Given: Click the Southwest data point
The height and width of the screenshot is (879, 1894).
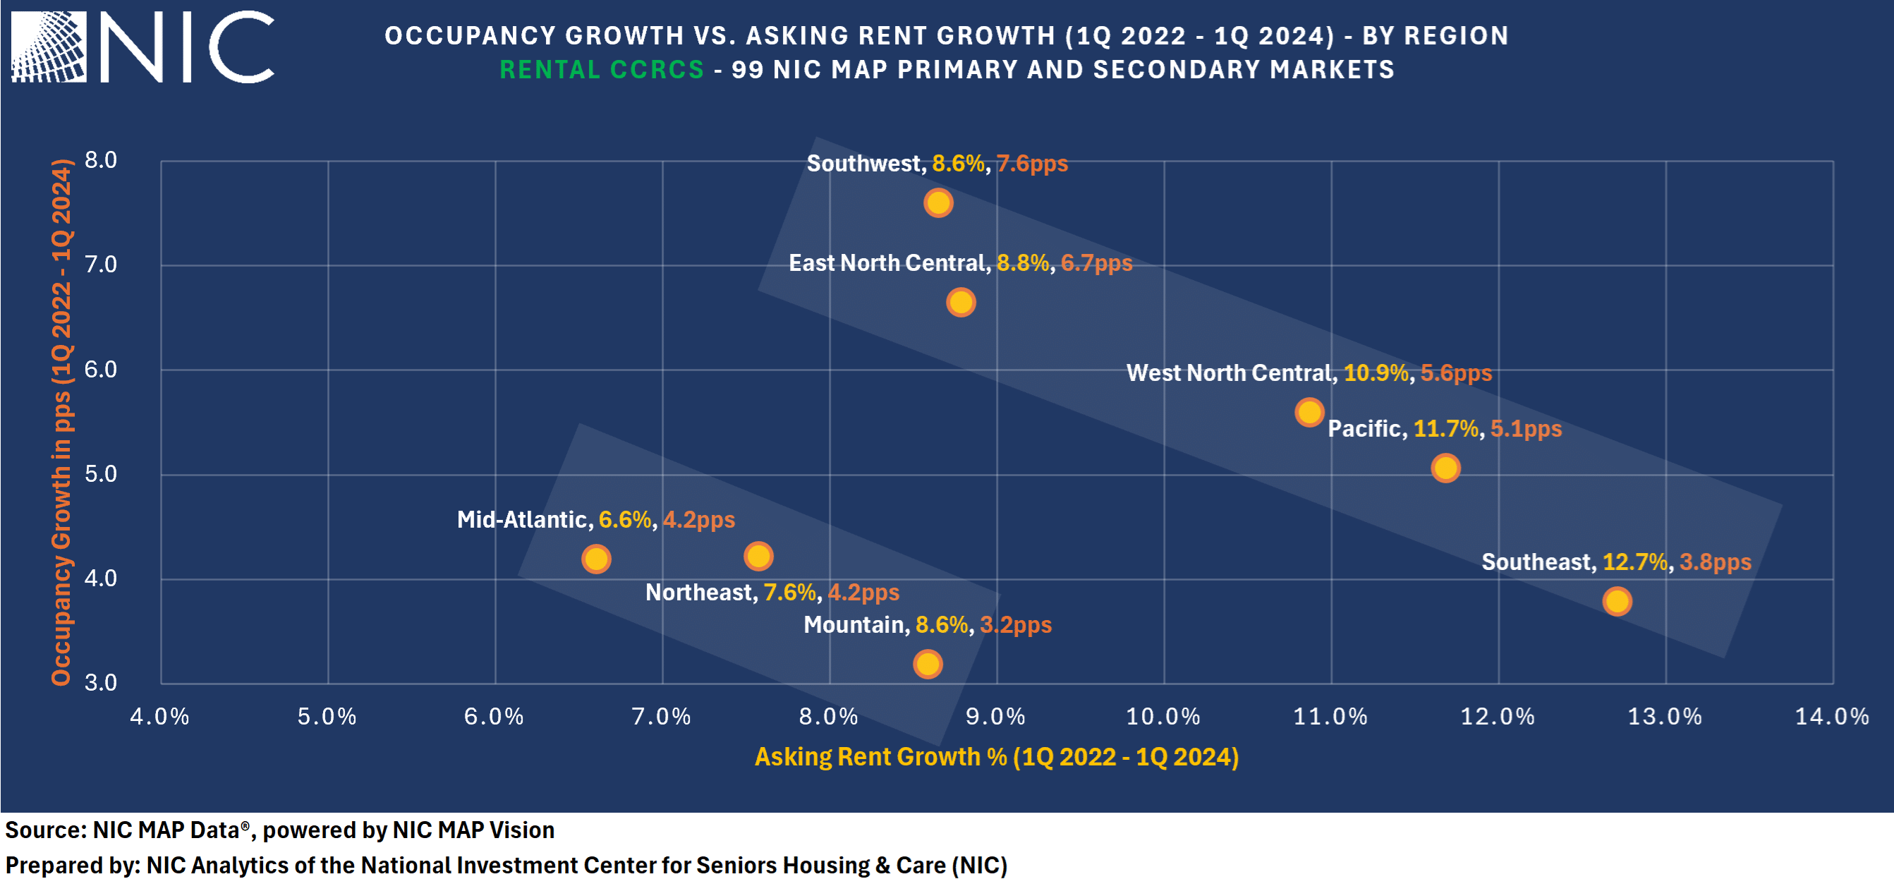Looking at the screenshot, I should pyautogui.click(x=938, y=202).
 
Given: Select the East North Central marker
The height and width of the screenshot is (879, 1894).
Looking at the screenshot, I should pyautogui.click(x=961, y=303).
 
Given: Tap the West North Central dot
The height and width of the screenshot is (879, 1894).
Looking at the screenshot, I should pyautogui.click(x=1309, y=412).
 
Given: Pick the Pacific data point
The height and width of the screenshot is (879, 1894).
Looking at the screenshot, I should pyautogui.click(x=1445, y=468).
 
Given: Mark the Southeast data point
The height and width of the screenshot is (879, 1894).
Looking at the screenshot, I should pyautogui.click(x=1617, y=601).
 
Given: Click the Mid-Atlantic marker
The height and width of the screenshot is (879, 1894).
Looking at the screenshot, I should pyautogui.click(x=595, y=559).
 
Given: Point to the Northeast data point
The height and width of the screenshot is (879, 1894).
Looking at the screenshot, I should pyautogui.click(x=758, y=556).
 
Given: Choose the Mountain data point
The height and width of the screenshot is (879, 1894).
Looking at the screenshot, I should pyautogui.click(x=928, y=665).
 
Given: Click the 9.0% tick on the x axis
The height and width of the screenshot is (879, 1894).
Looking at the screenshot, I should pyautogui.click(x=995, y=717).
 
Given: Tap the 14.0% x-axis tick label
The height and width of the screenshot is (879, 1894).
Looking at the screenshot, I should pyautogui.click(x=1831, y=717).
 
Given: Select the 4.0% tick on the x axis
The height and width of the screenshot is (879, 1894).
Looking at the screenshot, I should pyautogui.click(x=159, y=717).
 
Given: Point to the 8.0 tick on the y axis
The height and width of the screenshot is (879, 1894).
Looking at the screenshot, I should pyautogui.click(x=101, y=159).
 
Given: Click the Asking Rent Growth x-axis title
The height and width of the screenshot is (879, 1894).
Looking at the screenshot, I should pyautogui.click(x=996, y=757).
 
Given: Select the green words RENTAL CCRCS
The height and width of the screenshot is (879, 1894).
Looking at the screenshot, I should pyautogui.click(x=602, y=70).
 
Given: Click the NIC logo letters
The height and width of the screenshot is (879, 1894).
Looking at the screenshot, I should pyautogui.click(x=188, y=47).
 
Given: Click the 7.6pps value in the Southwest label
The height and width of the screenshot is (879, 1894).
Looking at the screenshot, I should pyautogui.click(x=1031, y=163).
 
